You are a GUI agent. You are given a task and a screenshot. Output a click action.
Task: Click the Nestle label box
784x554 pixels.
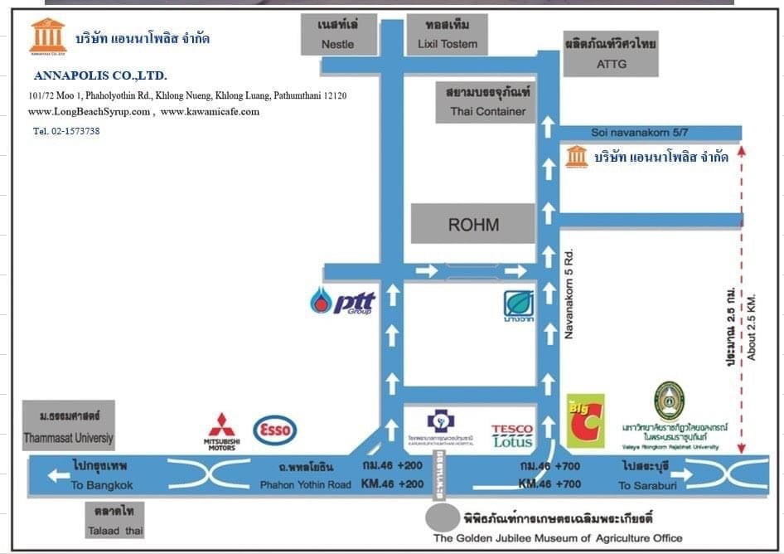[337, 34]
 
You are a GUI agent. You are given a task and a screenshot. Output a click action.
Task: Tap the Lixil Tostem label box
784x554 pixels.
[447, 34]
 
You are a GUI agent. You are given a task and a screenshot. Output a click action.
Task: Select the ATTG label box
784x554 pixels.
[612, 55]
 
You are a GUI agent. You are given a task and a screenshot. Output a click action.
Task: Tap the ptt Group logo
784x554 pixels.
[343, 300]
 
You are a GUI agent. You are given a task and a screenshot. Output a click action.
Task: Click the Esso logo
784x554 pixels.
[274, 430]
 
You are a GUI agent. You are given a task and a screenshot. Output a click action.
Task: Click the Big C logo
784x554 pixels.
[585, 421]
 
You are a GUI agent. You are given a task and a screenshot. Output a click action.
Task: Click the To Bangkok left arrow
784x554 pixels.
[59, 475]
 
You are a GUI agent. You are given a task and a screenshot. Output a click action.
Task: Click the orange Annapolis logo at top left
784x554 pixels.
[47, 36]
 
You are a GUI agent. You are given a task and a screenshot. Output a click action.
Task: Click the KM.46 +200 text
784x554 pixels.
[391, 484]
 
